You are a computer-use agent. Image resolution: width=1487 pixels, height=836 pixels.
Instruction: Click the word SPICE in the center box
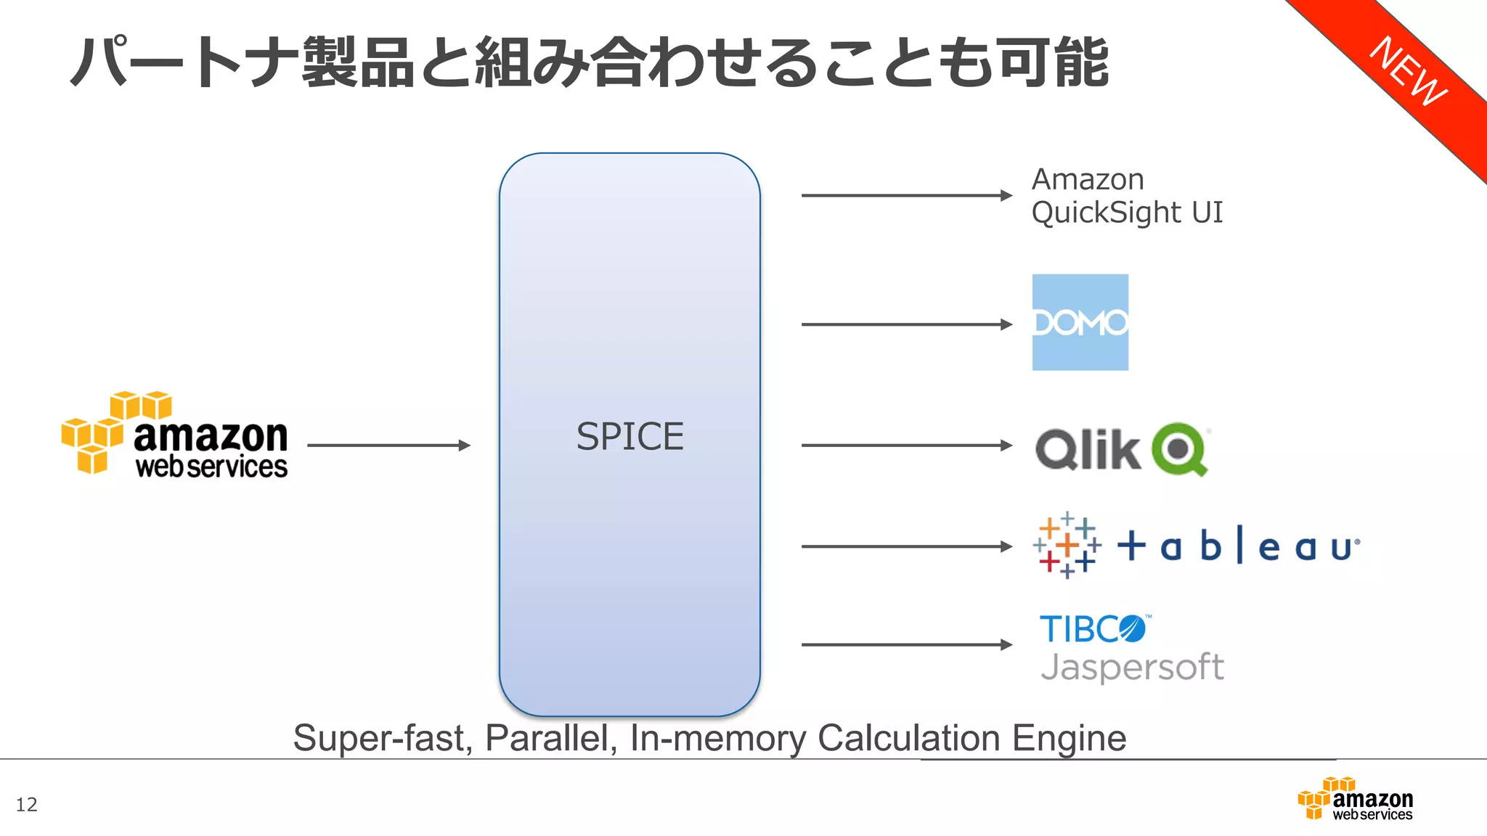point(630,437)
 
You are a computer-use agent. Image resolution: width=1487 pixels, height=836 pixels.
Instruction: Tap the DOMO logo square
point(1080,322)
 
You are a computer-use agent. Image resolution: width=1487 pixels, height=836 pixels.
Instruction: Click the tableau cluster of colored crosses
point(1067,545)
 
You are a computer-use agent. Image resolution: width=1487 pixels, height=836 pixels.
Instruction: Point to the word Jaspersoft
point(1132,667)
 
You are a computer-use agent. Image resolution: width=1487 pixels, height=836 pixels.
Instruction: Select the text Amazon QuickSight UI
point(1126,196)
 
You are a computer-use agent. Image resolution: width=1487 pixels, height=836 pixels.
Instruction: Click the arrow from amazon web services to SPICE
point(388,445)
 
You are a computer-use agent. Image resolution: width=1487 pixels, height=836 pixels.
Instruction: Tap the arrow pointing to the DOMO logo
point(905,324)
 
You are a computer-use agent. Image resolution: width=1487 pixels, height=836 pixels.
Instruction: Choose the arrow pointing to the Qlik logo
point(905,445)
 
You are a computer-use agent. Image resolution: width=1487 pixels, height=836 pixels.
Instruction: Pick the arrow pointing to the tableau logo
point(905,546)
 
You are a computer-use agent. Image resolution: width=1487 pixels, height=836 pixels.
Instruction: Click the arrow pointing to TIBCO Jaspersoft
point(905,644)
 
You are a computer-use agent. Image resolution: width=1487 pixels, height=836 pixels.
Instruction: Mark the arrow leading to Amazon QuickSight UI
point(905,195)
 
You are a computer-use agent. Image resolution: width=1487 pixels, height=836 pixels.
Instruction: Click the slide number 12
point(26,804)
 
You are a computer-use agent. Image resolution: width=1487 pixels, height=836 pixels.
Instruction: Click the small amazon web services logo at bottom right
point(1355,799)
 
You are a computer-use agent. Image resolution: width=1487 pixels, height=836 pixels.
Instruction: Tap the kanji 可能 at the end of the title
point(1053,62)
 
